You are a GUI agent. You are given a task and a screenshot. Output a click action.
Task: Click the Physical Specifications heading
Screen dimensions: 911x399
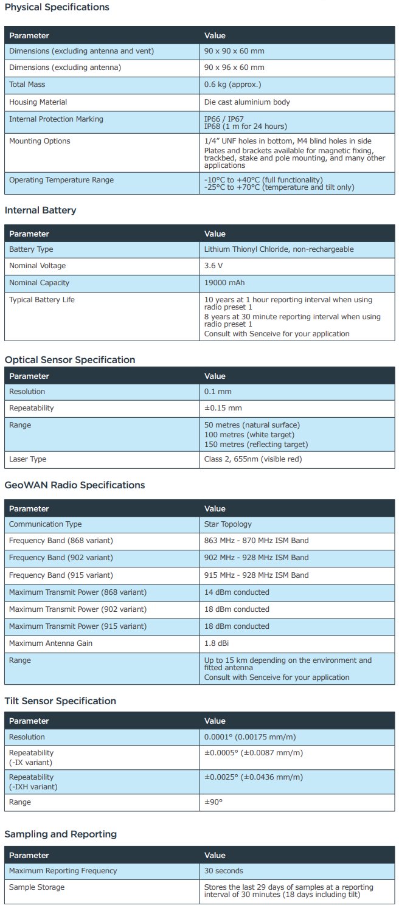[57, 7]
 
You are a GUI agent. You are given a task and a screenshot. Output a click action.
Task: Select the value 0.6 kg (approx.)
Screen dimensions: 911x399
[233, 85]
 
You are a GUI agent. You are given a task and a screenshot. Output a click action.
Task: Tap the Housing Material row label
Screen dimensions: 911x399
[38, 102]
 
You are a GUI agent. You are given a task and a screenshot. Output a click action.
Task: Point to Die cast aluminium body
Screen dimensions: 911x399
[247, 102]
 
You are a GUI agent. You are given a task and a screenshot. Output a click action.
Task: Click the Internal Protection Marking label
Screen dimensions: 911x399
[56, 119]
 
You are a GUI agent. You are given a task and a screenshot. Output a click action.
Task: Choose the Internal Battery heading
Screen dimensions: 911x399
[40, 210]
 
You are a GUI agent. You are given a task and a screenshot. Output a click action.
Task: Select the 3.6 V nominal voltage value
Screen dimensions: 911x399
[214, 266]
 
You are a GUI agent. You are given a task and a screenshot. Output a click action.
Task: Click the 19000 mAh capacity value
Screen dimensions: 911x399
[223, 283]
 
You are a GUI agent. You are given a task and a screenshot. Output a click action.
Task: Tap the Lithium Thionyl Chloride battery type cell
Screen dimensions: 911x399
[279, 249]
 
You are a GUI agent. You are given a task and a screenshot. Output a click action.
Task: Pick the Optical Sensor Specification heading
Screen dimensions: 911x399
[70, 360]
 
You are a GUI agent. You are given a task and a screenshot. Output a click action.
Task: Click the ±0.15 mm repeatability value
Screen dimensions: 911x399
[223, 408]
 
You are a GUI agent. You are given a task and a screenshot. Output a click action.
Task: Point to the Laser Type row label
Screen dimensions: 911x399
[27, 459]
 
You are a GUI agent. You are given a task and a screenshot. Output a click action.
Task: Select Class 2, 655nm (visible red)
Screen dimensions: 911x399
[253, 459]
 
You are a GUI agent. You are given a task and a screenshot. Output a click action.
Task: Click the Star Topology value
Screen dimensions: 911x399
[227, 524]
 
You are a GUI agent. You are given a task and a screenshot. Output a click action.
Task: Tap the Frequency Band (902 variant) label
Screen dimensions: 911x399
[61, 558]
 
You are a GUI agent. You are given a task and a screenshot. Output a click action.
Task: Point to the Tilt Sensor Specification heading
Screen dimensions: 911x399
[60, 701]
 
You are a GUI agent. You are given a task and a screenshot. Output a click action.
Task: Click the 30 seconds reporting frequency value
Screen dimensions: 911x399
[224, 871]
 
